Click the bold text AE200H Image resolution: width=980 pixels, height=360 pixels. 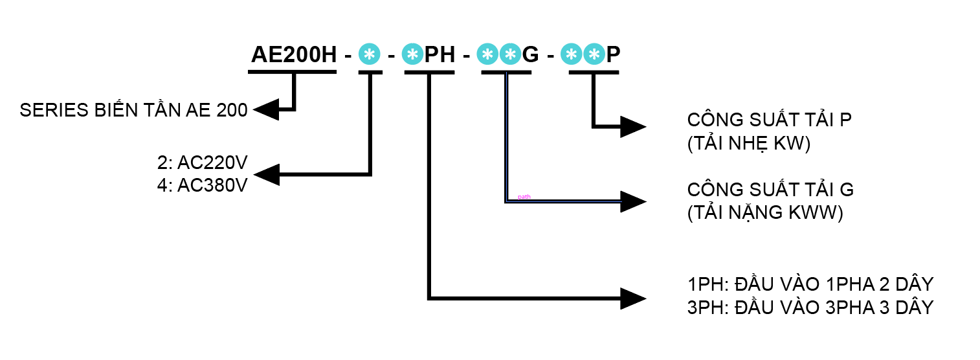click(x=294, y=55)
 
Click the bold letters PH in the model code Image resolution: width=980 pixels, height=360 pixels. click(x=440, y=55)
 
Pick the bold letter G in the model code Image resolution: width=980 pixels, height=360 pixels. click(x=530, y=55)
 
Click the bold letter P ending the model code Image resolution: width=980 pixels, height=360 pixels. click(x=612, y=55)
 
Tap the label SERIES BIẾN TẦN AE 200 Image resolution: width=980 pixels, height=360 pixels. click(x=134, y=111)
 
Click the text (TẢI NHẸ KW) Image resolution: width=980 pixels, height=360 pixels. click(x=749, y=144)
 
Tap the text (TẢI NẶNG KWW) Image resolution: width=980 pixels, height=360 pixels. click(x=765, y=213)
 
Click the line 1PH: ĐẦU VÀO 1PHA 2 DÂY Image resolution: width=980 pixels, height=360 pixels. click(x=810, y=284)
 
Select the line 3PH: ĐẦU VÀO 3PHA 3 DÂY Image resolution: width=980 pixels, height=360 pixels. click(x=810, y=307)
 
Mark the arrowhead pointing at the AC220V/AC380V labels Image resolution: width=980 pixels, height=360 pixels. click(x=267, y=174)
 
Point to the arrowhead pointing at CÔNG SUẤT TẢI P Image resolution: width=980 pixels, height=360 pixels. click(x=633, y=126)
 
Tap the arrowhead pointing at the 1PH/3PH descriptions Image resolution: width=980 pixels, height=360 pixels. click(x=633, y=298)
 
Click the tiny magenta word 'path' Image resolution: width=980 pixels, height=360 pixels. click(x=524, y=197)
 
